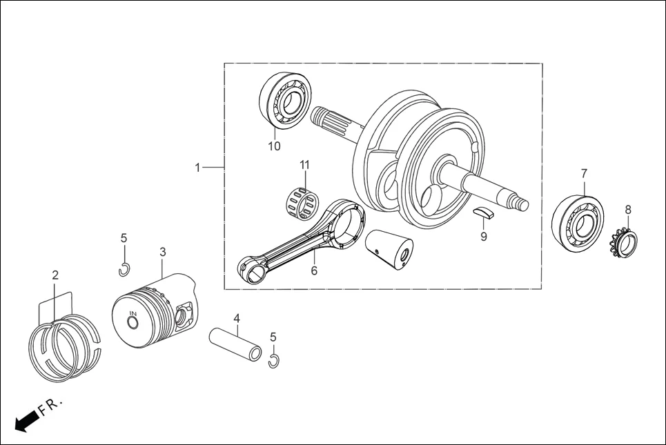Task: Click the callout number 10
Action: (x=275, y=146)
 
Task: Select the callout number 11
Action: (x=304, y=165)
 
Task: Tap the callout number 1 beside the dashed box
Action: (x=197, y=168)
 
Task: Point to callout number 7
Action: (x=584, y=172)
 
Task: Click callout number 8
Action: (x=628, y=209)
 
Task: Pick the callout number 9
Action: (x=484, y=237)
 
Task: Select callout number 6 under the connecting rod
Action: (x=314, y=271)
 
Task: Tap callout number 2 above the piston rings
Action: (x=55, y=275)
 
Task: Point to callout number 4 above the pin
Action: (x=237, y=319)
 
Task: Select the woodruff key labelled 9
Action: (x=484, y=213)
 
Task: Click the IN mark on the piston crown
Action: (x=133, y=315)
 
